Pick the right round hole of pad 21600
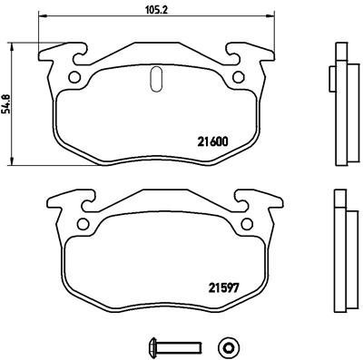tap(239, 77)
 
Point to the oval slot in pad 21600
tap(155, 79)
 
